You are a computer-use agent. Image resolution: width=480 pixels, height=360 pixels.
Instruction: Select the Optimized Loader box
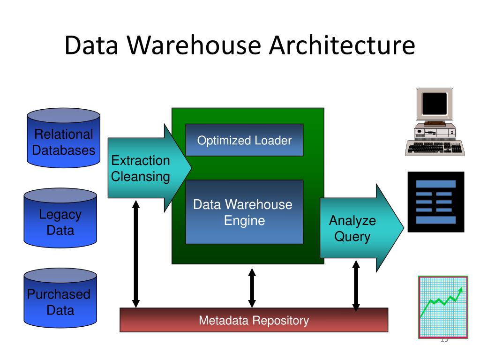[x=244, y=140]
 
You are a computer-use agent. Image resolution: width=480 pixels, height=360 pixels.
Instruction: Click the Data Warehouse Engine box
[x=244, y=212]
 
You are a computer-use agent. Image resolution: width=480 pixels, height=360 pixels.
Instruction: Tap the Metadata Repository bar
[x=254, y=321]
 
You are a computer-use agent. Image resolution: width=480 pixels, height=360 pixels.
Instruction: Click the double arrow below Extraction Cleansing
[x=136, y=254]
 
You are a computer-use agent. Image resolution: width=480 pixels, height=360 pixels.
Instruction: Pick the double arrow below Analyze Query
[x=356, y=286]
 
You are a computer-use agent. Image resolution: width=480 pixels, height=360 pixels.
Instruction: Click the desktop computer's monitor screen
[x=434, y=104]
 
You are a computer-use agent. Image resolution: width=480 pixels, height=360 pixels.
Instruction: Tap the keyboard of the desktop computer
[x=434, y=148]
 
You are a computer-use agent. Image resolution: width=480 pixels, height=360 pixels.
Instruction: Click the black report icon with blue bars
[x=435, y=202]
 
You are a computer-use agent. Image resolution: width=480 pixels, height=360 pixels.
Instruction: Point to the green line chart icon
[x=442, y=307]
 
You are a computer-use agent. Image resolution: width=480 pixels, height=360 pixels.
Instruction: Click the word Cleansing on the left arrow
[x=141, y=177]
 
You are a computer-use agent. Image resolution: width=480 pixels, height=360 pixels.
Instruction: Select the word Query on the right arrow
[x=352, y=237]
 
